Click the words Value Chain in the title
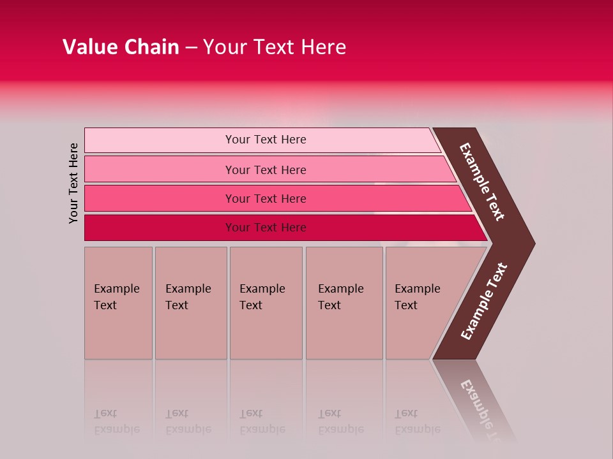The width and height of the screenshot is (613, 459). click(x=121, y=47)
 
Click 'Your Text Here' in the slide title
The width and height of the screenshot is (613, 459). click(x=275, y=47)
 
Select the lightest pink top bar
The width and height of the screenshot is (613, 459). click(x=160, y=140)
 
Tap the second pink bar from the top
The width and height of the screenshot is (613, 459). click(x=160, y=170)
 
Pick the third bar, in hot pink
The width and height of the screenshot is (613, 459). click(x=160, y=198)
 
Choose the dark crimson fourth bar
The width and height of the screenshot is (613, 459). click(x=160, y=228)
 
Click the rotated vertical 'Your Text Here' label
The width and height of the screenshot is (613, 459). click(x=73, y=183)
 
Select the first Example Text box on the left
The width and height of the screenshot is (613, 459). click(x=118, y=303)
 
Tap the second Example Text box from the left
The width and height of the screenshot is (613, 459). click(x=190, y=303)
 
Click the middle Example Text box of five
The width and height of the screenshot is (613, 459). click(x=266, y=303)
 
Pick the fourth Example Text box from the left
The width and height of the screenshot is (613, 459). click(x=344, y=303)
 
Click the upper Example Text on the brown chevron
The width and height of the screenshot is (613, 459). click(x=482, y=182)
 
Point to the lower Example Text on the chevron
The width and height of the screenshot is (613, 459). click(x=483, y=302)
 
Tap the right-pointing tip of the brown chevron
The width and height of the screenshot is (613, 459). click(x=530, y=243)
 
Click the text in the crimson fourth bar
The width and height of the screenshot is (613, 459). click(x=266, y=228)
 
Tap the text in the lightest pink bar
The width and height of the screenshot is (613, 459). click(x=266, y=140)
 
